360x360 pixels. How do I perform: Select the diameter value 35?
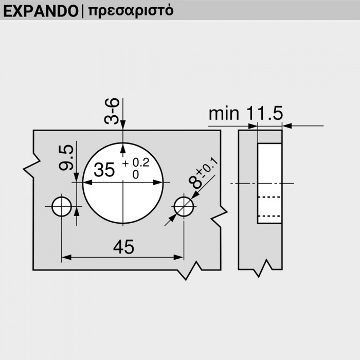[x=104, y=170]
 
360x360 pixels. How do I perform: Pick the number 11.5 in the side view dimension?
[x=265, y=114]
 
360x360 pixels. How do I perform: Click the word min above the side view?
[x=224, y=114]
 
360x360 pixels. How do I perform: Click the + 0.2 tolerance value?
[x=136, y=164]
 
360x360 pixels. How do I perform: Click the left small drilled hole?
[x=62, y=206]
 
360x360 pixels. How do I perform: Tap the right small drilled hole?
[x=184, y=206]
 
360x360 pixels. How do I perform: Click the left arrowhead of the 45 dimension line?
[x=66, y=258]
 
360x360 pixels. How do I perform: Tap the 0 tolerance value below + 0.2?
[x=136, y=175]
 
